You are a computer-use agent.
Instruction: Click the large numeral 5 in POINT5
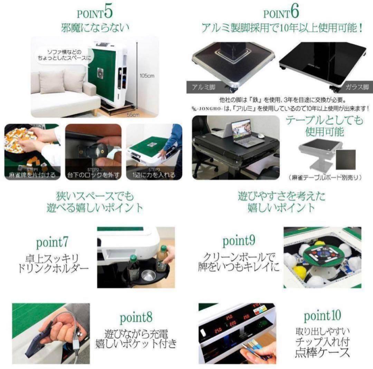click(x=108, y=12)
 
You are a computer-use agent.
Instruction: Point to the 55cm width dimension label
click(x=130, y=114)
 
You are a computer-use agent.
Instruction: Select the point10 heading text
click(x=322, y=315)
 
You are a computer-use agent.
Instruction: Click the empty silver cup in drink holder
click(x=148, y=275)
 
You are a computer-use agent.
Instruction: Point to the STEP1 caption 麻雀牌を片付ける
click(x=32, y=174)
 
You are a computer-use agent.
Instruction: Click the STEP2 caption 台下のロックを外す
click(x=93, y=174)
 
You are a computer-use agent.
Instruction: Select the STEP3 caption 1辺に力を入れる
click(x=152, y=174)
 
